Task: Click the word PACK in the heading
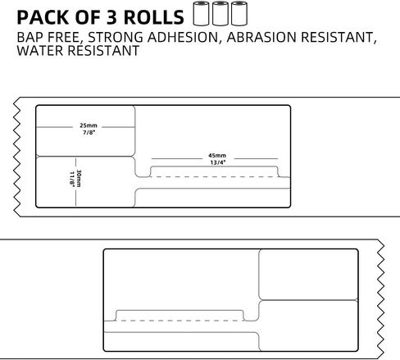[43, 17]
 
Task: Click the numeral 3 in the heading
[111, 17]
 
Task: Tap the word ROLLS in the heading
[154, 17]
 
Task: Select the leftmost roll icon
[201, 13]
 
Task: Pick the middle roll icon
[220, 13]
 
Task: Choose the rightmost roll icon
[239, 13]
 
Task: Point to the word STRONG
[116, 37]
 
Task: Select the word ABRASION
[261, 37]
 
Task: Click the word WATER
[40, 51]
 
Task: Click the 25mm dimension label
[89, 125]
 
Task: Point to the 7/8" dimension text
[89, 133]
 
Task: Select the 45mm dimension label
[217, 156]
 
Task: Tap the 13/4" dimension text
[218, 162]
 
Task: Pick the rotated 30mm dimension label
[79, 179]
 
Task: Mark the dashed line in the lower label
[180, 321]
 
